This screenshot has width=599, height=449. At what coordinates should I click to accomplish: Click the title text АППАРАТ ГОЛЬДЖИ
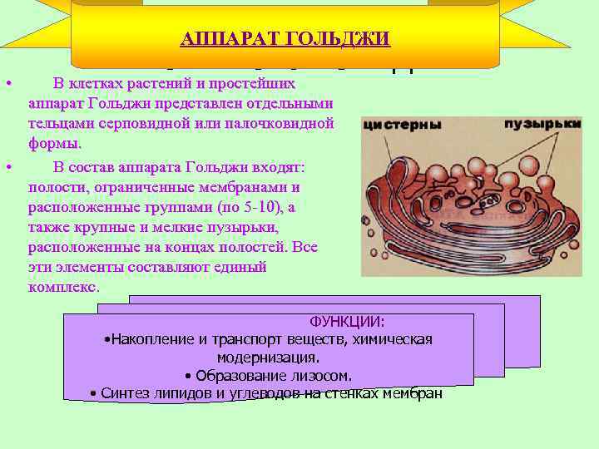(x=285, y=39)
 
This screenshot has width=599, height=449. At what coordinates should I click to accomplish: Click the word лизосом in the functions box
(x=322, y=375)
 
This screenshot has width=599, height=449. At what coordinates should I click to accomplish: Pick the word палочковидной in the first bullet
(x=287, y=124)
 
